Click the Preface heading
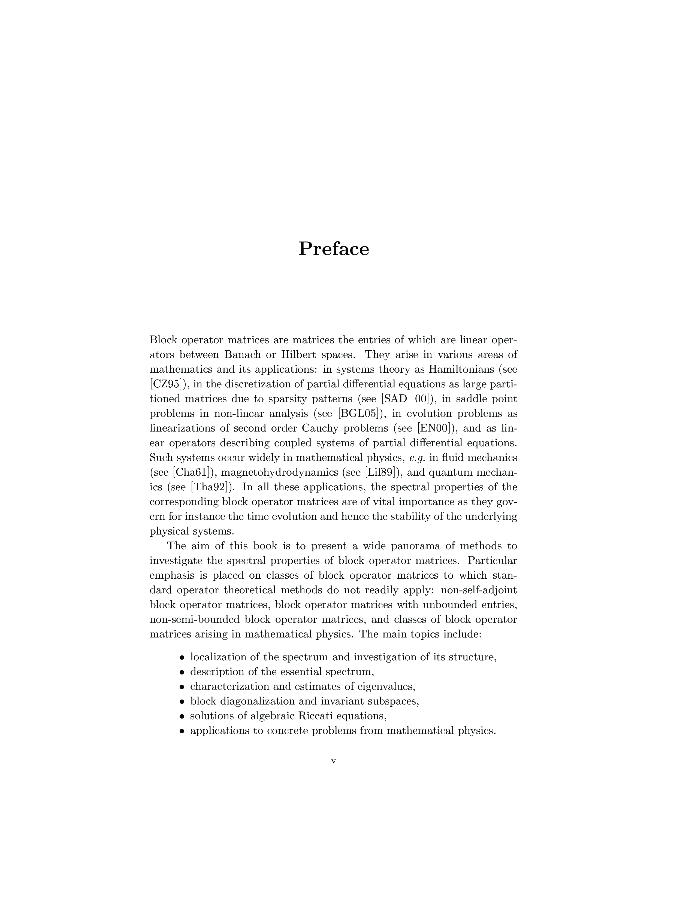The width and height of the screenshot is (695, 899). click(334, 249)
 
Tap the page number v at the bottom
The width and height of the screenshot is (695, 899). click(334, 761)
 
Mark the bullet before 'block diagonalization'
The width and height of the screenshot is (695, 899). click(181, 702)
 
